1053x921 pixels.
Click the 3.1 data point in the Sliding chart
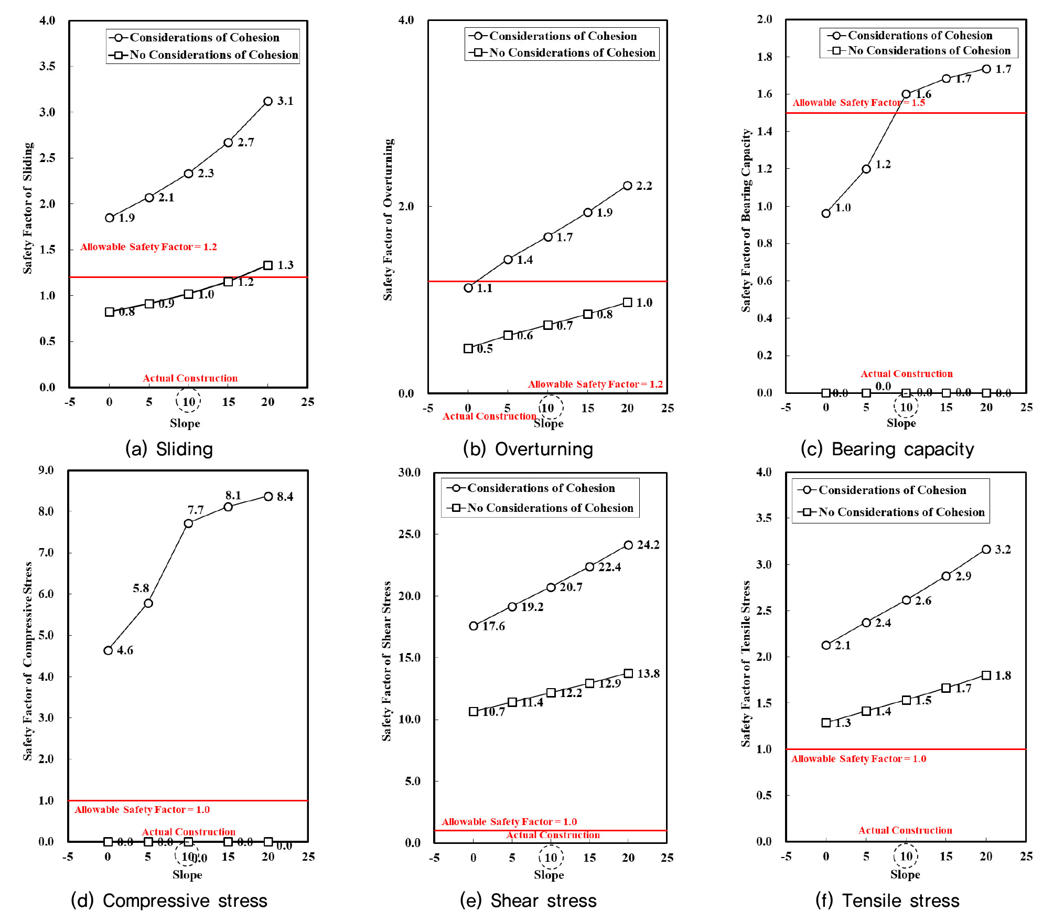[x=268, y=101]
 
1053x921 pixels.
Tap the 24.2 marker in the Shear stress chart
[x=628, y=545]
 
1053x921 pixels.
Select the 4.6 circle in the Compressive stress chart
[x=108, y=650]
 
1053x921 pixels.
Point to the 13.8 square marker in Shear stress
[x=628, y=673]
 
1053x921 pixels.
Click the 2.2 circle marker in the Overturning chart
[x=628, y=186]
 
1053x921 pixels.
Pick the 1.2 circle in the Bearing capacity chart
[x=866, y=169]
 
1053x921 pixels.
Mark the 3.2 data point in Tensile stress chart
[x=986, y=549]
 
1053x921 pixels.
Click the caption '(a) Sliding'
[x=169, y=449]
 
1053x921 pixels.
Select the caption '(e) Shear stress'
[x=528, y=901]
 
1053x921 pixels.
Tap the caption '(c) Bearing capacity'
[x=887, y=449]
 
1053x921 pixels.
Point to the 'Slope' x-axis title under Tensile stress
[x=905, y=874]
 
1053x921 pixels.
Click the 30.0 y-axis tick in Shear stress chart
[x=410, y=472]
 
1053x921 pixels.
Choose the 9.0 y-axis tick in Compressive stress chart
[x=46, y=470]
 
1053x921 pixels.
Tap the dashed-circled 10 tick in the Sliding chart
[x=188, y=402]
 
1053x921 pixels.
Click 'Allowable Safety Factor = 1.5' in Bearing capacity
[x=858, y=102]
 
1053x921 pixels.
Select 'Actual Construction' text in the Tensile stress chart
[x=905, y=830]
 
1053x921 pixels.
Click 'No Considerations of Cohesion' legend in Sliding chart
[x=214, y=55]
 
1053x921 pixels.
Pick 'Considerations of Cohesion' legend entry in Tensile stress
[x=892, y=490]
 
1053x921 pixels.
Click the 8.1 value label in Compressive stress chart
[x=233, y=495]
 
